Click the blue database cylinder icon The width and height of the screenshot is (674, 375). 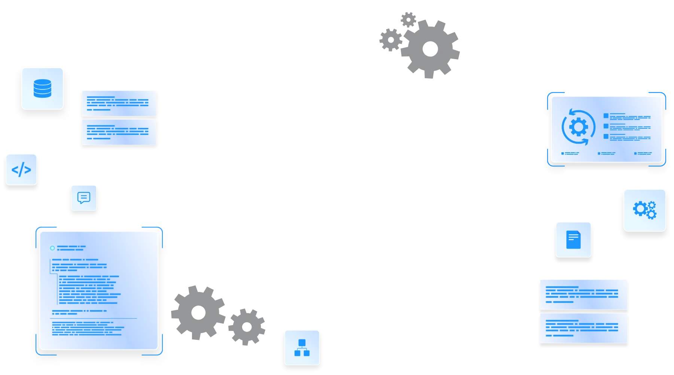click(x=42, y=88)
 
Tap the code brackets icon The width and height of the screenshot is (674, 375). click(x=21, y=170)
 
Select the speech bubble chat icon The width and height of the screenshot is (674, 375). click(x=84, y=198)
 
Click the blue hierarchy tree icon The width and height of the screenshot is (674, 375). click(x=302, y=347)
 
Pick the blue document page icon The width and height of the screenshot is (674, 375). click(x=573, y=240)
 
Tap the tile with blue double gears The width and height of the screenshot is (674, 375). click(x=644, y=210)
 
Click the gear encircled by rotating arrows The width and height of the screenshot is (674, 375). click(x=578, y=127)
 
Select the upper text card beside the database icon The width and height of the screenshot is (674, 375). click(x=119, y=103)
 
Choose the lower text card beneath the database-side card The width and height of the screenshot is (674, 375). click(x=119, y=132)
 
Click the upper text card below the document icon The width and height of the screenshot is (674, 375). click(x=583, y=295)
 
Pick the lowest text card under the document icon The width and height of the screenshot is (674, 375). click(x=583, y=328)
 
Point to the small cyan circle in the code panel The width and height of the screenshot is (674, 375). click(x=52, y=248)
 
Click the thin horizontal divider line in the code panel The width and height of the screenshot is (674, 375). click(x=94, y=318)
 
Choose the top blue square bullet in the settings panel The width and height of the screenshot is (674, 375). click(x=606, y=116)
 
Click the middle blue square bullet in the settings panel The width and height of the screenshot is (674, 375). click(x=606, y=126)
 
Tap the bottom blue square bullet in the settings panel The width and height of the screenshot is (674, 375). click(x=606, y=136)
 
